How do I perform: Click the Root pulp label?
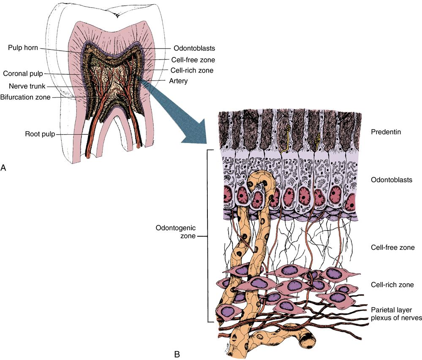pyautogui.click(x=40, y=135)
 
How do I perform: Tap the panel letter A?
pyautogui.click(x=3, y=168)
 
